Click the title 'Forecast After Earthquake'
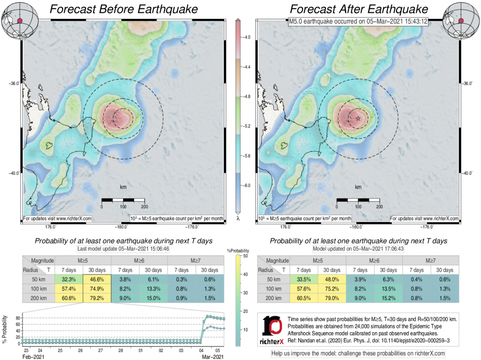(x=359, y=10)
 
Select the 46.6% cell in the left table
(x=97, y=279)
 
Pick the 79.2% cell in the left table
(x=97, y=297)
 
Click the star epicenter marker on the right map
(x=358, y=118)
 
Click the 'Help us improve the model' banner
(x=358, y=353)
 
